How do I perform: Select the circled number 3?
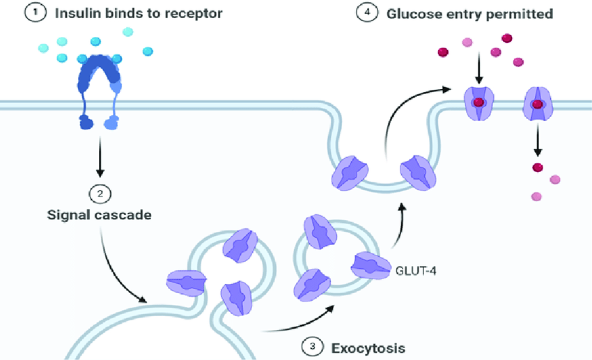(312, 345)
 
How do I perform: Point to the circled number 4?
(364, 13)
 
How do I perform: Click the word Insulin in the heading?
(75, 13)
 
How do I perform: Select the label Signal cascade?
(100, 214)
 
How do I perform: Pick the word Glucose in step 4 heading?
(405, 13)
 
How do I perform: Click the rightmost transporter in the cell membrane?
(537, 103)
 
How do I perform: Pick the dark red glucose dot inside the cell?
(537, 166)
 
